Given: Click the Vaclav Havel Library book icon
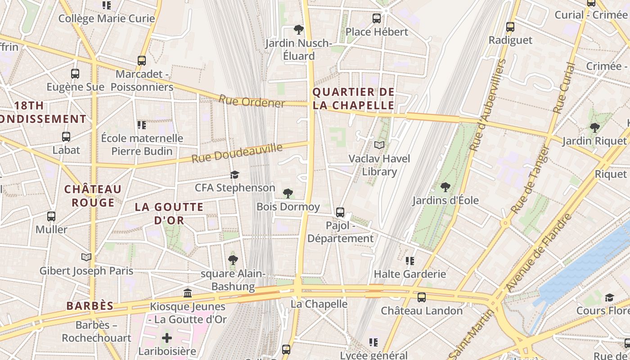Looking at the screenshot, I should point(379,145).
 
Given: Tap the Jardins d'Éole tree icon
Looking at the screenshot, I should point(445,186).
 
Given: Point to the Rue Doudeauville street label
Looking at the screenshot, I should point(237,153).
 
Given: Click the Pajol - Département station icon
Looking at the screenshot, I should point(340,212).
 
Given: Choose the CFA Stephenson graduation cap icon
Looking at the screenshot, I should point(234,175).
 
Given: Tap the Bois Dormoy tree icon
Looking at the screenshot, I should point(288,193).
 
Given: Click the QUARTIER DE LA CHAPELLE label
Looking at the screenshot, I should point(353,99).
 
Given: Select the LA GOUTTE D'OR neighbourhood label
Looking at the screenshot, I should point(169,214).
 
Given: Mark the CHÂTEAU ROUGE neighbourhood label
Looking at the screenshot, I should point(93,196).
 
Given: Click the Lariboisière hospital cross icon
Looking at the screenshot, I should point(167,337).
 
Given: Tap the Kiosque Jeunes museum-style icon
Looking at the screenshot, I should point(188,293).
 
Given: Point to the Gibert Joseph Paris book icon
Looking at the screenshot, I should point(86,257).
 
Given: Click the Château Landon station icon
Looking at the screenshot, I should point(422,297).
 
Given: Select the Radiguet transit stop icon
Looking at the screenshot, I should point(510,27).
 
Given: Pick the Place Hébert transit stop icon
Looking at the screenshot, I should point(377,18).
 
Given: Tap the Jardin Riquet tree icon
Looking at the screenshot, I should point(595,127).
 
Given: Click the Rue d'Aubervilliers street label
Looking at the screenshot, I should point(488,104).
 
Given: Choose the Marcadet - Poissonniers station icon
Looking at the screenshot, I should point(142,60).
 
